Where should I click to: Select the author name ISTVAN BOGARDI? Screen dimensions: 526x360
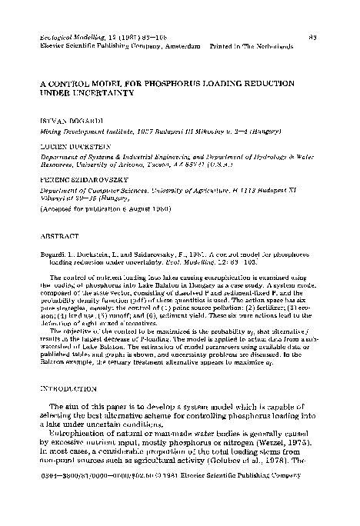(x=64, y=122)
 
